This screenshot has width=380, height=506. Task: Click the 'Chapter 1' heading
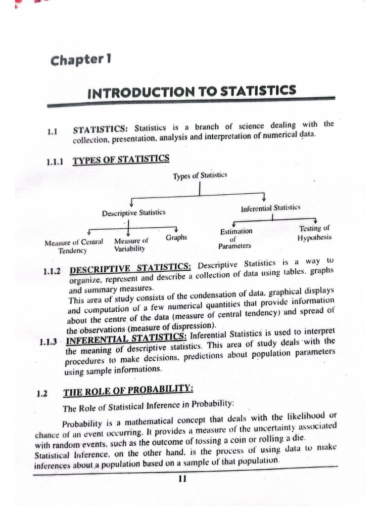pyautogui.click(x=81, y=61)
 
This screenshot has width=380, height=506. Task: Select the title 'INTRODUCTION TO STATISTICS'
pyautogui.click(x=191, y=91)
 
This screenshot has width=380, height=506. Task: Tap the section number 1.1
pyautogui.click(x=52, y=132)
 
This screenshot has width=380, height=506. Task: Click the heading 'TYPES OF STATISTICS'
pyautogui.click(x=121, y=159)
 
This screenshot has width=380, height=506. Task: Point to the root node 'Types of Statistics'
pyautogui.click(x=200, y=176)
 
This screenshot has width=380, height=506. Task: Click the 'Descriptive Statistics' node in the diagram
pyautogui.click(x=134, y=213)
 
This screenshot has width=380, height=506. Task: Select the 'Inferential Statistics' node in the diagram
pyautogui.click(x=271, y=209)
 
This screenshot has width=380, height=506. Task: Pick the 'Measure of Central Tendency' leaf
pyautogui.click(x=73, y=246)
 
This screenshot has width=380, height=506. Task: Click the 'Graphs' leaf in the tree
pyautogui.click(x=177, y=238)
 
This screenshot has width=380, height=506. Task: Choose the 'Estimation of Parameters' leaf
pyautogui.click(x=236, y=238)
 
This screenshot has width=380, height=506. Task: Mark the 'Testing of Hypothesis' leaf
pyautogui.click(x=315, y=233)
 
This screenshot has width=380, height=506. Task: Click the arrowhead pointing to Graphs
pyautogui.click(x=176, y=229)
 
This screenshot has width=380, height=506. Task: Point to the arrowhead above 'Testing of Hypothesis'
pyautogui.click(x=315, y=221)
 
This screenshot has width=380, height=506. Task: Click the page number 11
pyautogui.click(x=182, y=478)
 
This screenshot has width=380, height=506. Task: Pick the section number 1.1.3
pyautogui.click(x=48, y=342)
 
